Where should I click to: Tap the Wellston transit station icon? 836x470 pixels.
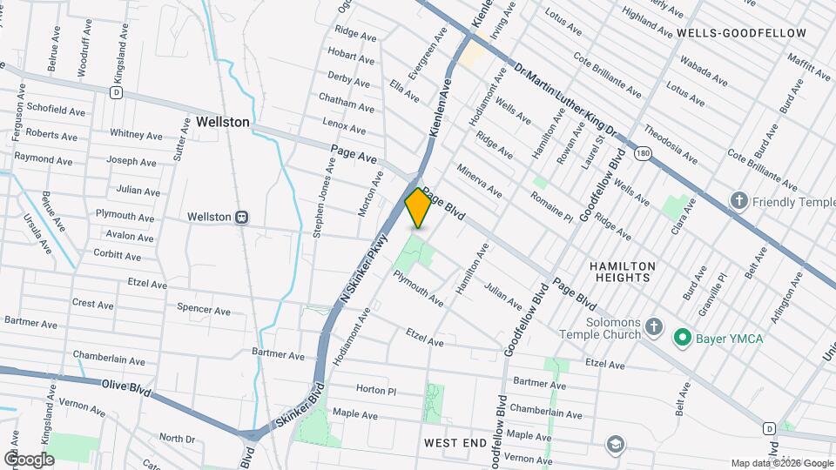pos(243,217)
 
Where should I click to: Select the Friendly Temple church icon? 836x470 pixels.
pos(739,201)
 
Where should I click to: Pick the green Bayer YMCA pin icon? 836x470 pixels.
pos(684,337)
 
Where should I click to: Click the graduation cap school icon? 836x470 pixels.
pos(617,445)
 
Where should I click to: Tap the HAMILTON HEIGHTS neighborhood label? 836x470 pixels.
pos(621,271)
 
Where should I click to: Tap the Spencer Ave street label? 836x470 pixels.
pos(203,309)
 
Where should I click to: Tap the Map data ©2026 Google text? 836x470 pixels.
pos(780,462)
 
